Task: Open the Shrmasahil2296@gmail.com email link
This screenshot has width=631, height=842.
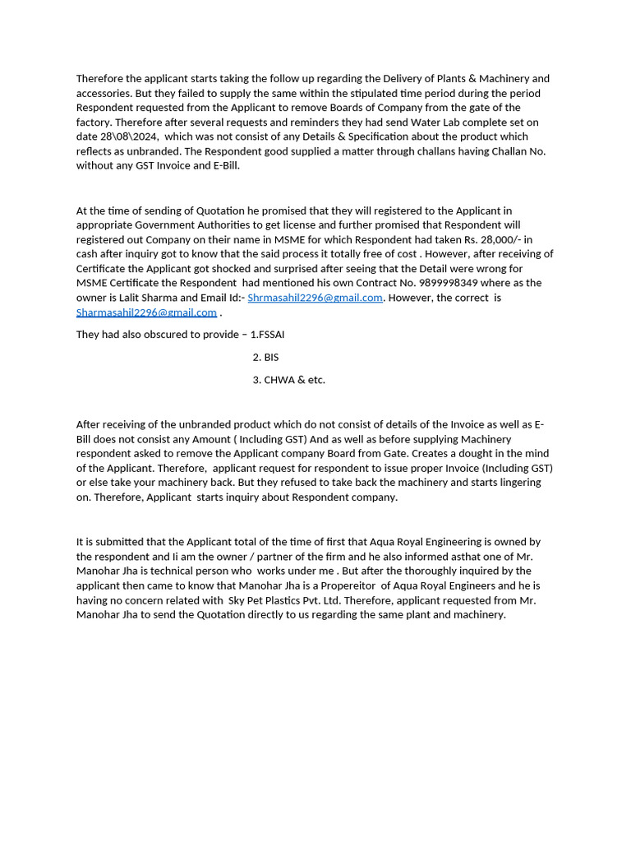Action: coord(315,298)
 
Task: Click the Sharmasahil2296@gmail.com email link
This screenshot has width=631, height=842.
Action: coord(146,312)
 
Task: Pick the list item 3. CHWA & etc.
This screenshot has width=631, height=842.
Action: coord(288,380)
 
